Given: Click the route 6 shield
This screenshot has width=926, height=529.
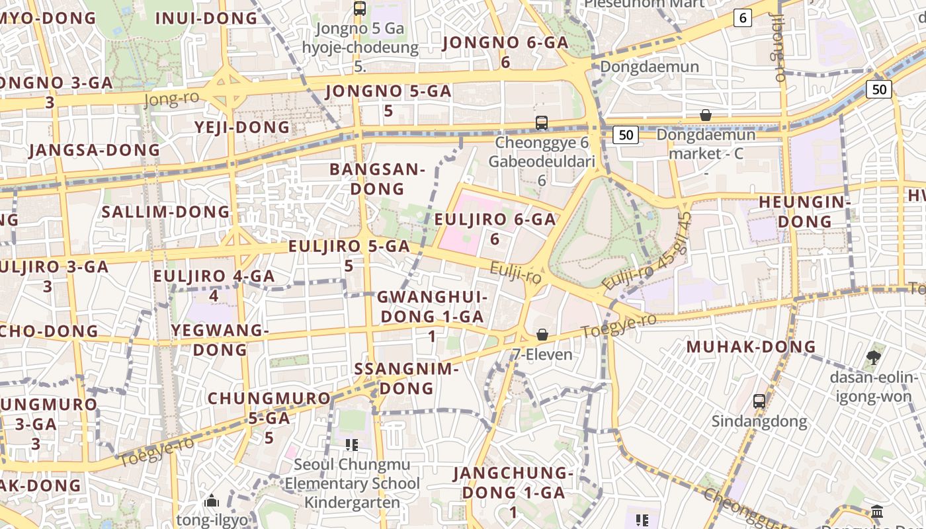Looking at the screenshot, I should [x=743, y=19].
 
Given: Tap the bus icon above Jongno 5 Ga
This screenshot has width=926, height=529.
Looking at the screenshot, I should [x=360, y=9].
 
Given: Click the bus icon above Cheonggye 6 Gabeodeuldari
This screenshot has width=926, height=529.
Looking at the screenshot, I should [x=542, y=122].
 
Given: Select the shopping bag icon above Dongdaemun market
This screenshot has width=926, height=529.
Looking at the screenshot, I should [x=706, y=115].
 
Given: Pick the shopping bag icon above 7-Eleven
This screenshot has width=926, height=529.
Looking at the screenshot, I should [x=542, y=335].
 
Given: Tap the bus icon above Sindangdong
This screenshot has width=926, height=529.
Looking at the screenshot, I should [x=759, y=401].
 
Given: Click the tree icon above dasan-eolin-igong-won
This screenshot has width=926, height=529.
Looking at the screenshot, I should [x=873, y=358].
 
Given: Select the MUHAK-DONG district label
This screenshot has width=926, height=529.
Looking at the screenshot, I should [x=751, y=346].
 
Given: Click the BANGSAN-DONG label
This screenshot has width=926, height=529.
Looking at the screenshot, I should [x=377, y=179].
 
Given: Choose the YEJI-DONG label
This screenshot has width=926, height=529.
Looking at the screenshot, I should [x=242, y=127].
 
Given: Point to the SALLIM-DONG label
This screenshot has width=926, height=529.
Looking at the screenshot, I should [x=165, y=212].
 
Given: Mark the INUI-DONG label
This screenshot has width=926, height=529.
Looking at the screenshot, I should [x=206, y=19].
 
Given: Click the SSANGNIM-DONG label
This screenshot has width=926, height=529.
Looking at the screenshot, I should [x=406, y=378].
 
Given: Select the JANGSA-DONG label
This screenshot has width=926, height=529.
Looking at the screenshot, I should [x=95, y=150].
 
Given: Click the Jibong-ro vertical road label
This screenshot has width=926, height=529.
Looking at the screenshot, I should [x=779, y=50].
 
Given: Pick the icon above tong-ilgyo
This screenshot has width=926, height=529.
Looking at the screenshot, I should [x=212, y=501].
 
